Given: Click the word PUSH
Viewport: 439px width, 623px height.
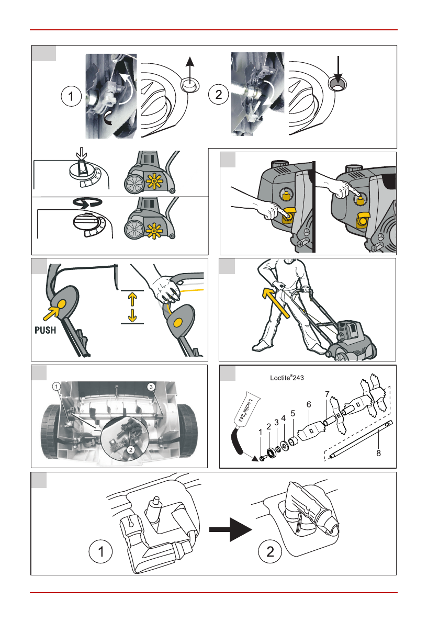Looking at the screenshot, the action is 46,330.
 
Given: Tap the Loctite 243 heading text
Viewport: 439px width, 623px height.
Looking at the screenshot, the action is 287,378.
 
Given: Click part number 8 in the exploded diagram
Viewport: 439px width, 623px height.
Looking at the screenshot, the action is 379,453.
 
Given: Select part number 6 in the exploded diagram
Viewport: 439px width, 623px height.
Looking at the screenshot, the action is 309,404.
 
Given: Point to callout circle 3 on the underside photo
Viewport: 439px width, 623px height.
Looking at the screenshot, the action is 151,387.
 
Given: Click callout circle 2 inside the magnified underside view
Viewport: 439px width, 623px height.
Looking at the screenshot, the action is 131,450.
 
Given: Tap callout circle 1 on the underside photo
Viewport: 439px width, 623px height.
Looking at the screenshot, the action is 57,386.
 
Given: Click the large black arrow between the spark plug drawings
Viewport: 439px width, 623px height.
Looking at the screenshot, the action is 230,529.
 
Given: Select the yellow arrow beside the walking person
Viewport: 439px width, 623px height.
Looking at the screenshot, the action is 276,302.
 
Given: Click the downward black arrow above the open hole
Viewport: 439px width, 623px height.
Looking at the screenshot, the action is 337,70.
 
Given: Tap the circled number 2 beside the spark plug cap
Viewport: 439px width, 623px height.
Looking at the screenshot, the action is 270,551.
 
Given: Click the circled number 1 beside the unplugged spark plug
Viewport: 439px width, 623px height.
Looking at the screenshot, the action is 100,551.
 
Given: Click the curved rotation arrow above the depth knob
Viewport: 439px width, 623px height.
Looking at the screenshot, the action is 87,202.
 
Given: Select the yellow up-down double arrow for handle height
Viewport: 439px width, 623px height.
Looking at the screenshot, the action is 132,307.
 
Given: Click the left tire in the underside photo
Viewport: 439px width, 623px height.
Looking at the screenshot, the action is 50,431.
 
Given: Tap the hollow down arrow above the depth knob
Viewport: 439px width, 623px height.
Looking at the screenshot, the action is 82,153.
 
